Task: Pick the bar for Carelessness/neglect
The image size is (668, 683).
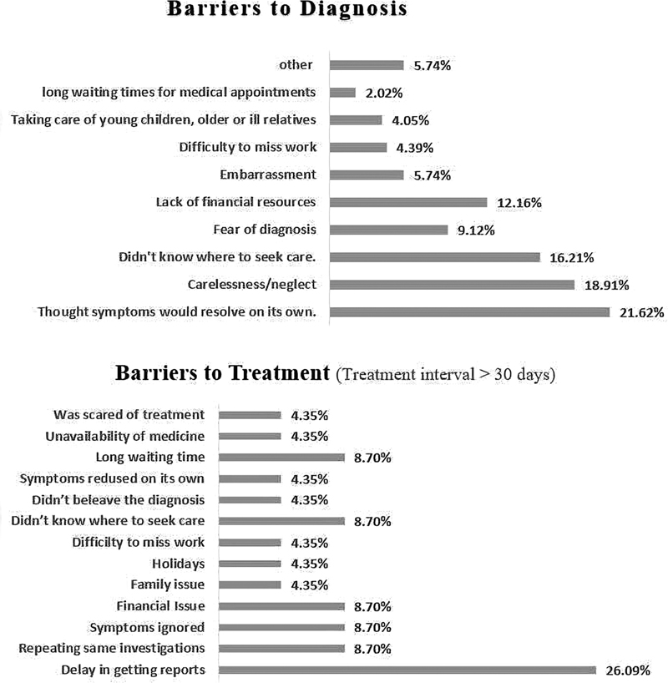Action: (452, 285)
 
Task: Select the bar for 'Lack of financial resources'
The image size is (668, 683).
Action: (408, 202)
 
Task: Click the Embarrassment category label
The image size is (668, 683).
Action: (267, 175)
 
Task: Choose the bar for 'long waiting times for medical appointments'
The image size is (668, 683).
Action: (343, 92)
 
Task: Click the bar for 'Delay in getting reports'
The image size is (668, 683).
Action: (407, 670)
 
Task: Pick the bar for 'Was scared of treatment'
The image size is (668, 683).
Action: (250, 414)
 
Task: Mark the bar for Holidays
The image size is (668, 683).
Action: (250, 564)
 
